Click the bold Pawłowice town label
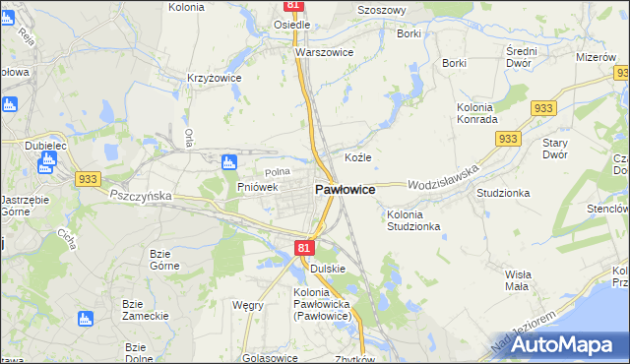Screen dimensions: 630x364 click(344, 189)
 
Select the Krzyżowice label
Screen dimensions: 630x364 click(215, 77)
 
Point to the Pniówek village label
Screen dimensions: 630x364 click(258, 186)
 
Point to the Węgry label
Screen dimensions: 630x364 click(247, 305)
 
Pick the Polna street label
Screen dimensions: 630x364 click(278, 172)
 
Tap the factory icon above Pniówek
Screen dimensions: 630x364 click(230, 162)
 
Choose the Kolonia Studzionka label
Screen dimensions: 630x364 click(413, 220)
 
